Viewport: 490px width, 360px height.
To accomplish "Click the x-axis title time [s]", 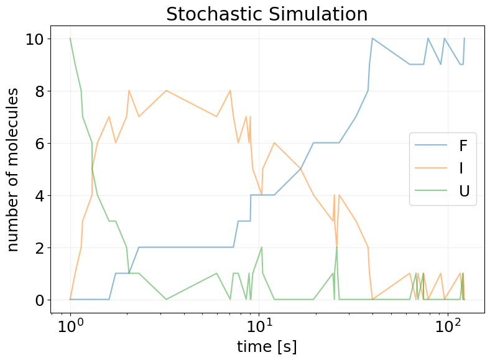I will (x=267, y=346).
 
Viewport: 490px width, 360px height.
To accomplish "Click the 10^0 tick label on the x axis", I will (x=70, y=325).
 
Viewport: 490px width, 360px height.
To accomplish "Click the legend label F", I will (x=463, y=146).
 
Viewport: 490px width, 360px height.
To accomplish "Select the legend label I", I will (x=462, y=168).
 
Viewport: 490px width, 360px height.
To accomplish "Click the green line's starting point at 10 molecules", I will (x=70, y=39).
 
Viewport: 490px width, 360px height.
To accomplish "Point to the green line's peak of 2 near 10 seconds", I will (x=262, y=247).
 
